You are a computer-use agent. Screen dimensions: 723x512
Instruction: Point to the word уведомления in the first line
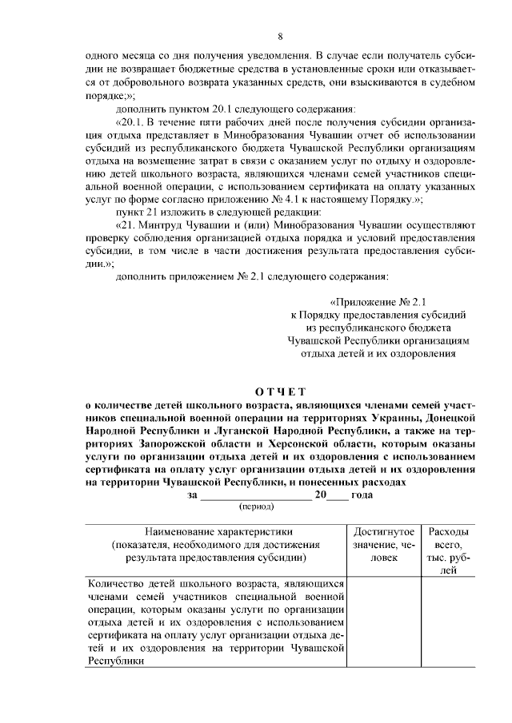click(x=275, y=55)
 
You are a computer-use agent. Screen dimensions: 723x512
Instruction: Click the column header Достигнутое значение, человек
click(x=383, y=544)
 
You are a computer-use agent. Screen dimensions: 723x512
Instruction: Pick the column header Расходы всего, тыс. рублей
click(x=449, y=550)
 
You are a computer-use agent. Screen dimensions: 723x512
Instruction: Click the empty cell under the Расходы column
click(x=449, y=623)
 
